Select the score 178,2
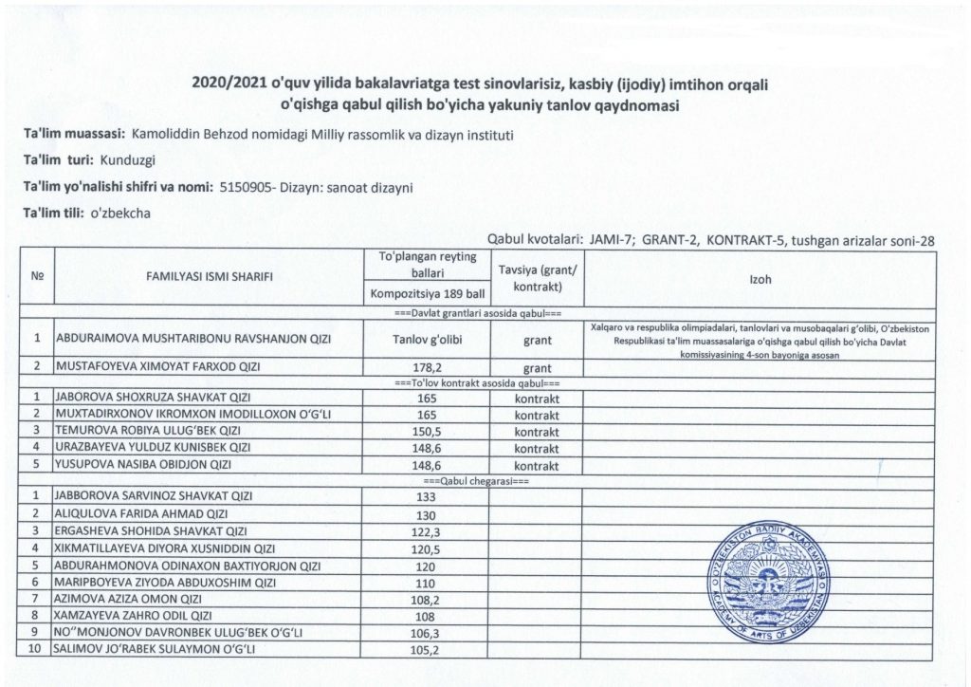click(426, 366)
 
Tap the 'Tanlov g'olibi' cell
click(426, 337)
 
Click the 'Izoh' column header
click(760, 277)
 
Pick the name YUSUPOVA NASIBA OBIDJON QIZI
click(143, 465)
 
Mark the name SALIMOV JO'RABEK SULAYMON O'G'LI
click(156, 649)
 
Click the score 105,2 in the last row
click(426, 649)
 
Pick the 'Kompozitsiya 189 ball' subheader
click(426, 293)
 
